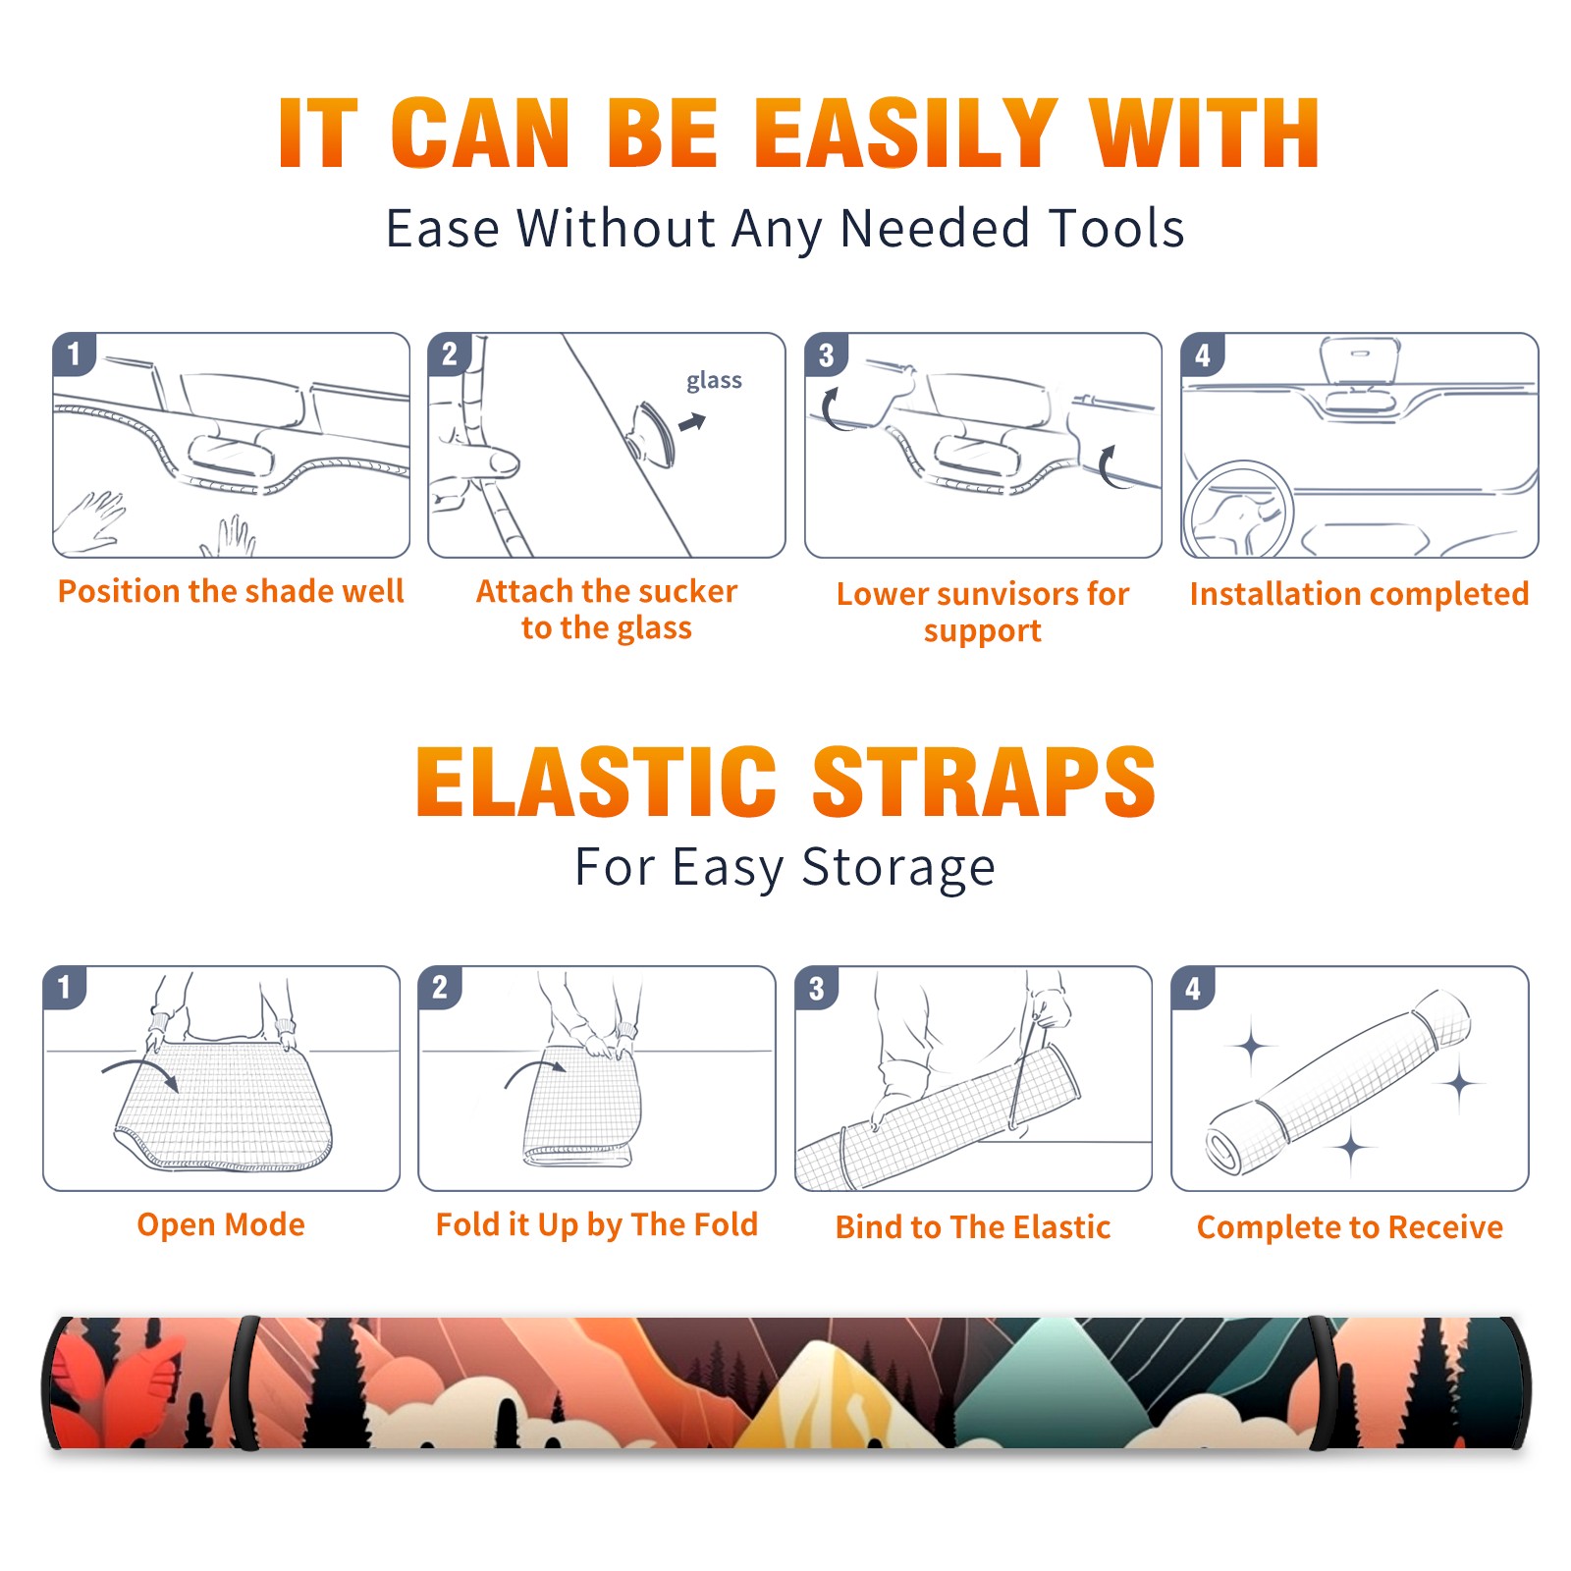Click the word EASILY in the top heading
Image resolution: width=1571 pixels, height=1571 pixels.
click(905, 134)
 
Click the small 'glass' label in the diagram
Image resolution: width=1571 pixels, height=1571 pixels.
click(714, 381)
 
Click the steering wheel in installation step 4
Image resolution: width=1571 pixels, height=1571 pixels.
click(1239, 510)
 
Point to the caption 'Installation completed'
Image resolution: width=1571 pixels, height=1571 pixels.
click(1359, 594)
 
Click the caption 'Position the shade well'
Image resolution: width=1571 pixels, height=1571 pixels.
click(231, 591)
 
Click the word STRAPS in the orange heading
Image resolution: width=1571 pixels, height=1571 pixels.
click(984, 782)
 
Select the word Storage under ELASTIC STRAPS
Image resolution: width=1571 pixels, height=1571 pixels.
click(898, 868)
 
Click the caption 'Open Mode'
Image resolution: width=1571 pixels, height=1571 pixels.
click(221, 1224)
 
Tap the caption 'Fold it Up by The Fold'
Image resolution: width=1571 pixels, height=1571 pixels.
click(597, 1224)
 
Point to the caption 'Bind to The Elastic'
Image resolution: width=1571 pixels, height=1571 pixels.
click(973, 1227)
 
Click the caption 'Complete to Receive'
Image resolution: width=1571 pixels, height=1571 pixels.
click(1350, 1227)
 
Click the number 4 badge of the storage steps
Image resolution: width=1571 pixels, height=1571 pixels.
click(1193, 988)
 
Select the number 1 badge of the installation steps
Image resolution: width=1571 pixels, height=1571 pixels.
click(74, 353)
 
